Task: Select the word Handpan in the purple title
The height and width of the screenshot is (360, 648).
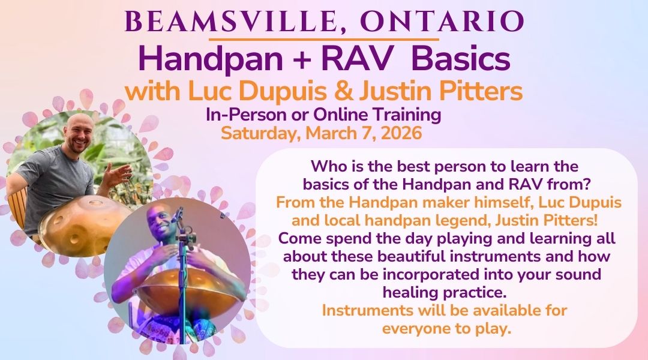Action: click(211, 59)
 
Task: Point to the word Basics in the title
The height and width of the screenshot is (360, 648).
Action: click(460, 59)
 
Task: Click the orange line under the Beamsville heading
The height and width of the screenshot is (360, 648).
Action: click(323, 39)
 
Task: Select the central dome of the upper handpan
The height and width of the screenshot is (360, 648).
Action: click(95, 203)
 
